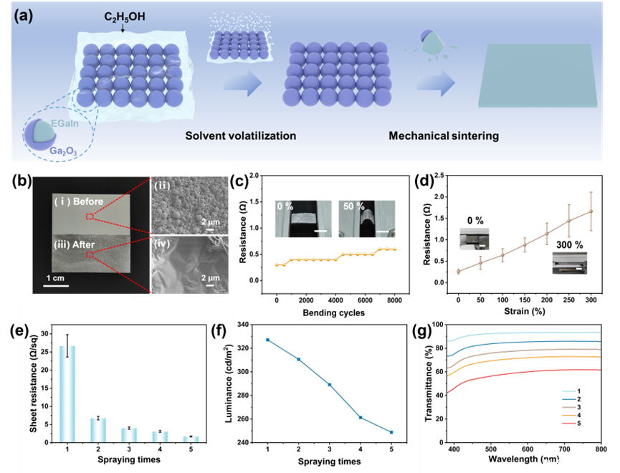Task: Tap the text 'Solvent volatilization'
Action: [x=241, y=136]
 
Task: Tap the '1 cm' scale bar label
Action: [x=57, y=279]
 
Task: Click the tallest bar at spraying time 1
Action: [x=67, y=393]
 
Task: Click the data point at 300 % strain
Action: [x=591, y=211]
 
